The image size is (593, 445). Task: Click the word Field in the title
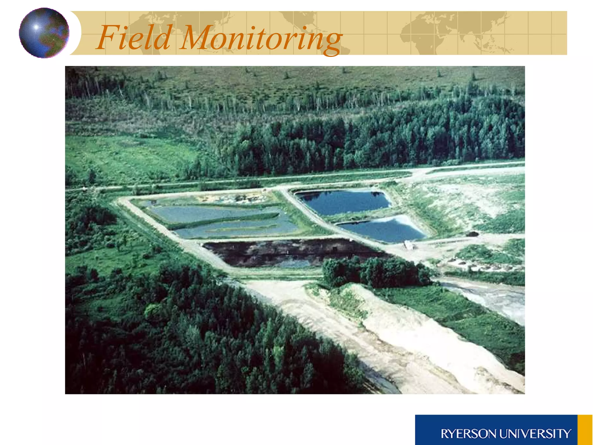[x=134, y=38]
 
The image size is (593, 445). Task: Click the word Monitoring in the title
[x=261, y=39]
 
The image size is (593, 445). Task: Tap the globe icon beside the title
[x=44, y=33]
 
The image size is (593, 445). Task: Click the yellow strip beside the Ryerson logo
[x=585, y=430]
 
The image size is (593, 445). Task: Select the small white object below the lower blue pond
[x=408, y=246]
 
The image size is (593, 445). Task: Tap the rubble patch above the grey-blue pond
[x=232, y=198]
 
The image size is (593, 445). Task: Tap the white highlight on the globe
[x=36, y=27]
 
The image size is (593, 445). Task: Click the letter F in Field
[x=107, y=38]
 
